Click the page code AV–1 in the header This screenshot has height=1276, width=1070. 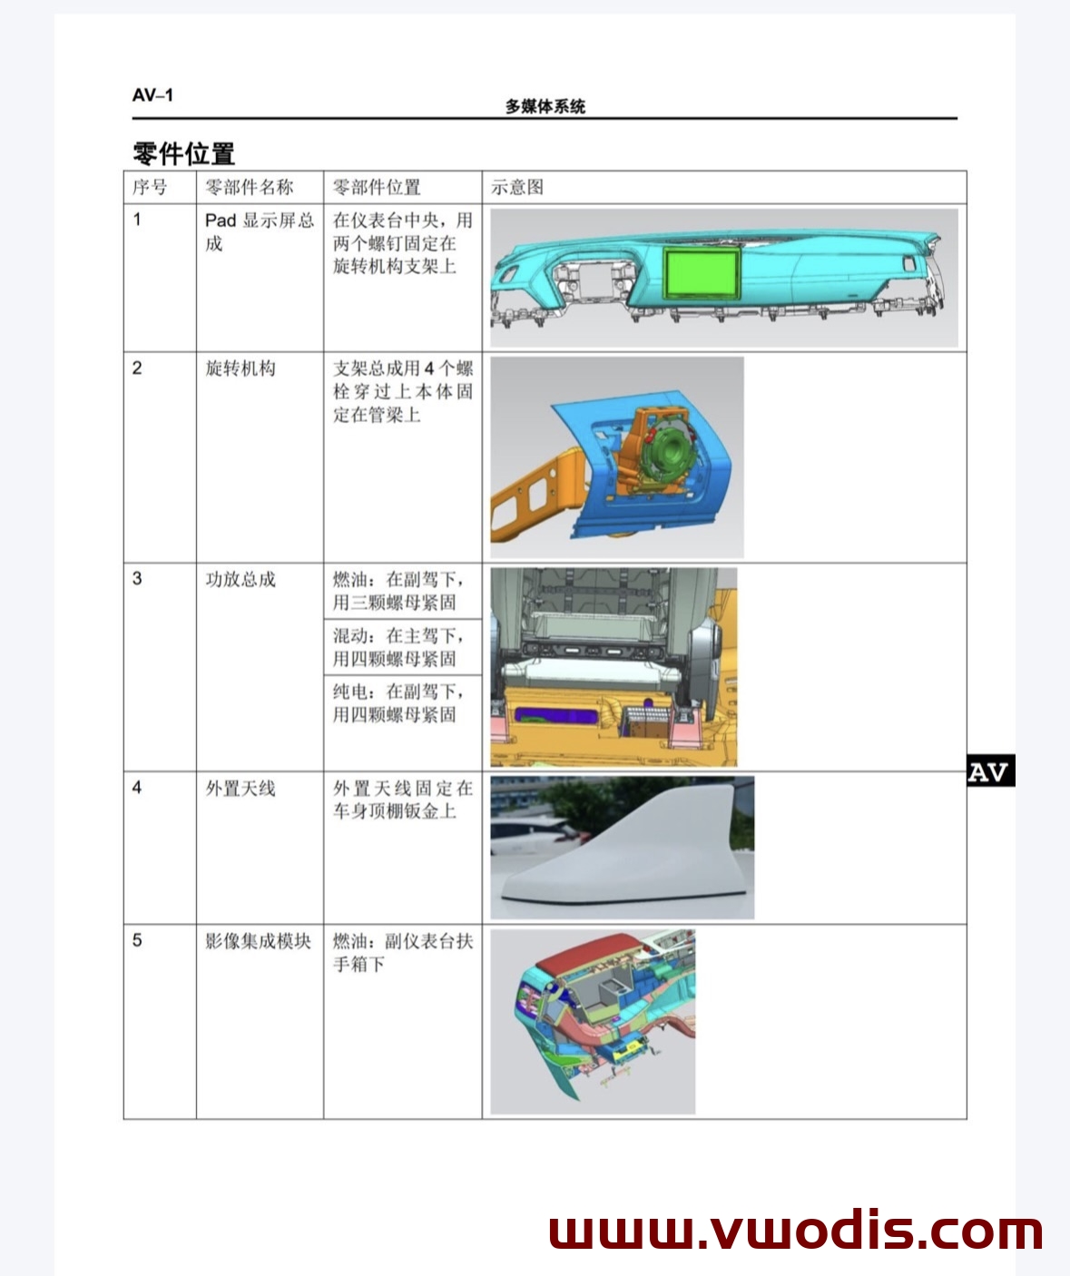(152, 95)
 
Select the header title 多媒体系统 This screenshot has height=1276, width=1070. (545, 106)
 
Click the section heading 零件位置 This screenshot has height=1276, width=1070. (184, 153)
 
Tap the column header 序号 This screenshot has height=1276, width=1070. (150, 188)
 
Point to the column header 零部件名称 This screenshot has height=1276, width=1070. (250, 188)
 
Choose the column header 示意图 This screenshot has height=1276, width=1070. (517, 188)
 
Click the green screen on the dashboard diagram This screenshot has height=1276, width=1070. (702, 272)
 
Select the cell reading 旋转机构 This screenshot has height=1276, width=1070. (241, 368)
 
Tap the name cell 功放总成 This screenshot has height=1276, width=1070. (241, 579)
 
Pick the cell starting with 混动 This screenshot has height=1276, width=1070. (398, 647)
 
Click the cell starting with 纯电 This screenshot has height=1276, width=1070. (398, 703)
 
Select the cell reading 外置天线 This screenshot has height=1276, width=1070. (241, 788)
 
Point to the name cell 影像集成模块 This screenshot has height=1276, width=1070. (258, 941)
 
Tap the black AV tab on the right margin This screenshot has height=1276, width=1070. (989, 771)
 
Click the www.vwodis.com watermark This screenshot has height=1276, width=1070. (795, 1231)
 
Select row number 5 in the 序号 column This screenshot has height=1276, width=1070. (137, 940)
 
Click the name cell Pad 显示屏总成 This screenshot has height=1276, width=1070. (259, 231)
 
